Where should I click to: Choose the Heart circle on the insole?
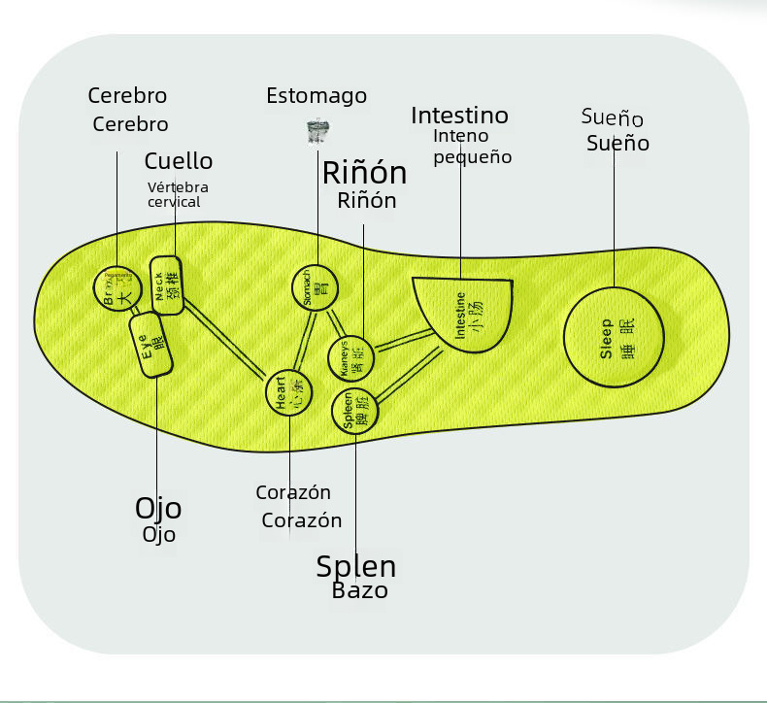[x=289, y=394]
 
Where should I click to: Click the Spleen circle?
[x=355, y=411]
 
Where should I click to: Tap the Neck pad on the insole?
[x=167, y=285]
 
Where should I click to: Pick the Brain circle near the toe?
[x=116, y=288]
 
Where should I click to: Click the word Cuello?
[x=179, y=161]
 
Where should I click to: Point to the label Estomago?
[x=317, y=96]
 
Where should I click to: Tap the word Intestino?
[x=459, y=116]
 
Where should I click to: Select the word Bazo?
[x=359, y=590]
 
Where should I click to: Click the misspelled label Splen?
[x=355, y=567]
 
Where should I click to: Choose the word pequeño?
[x=472, y=157]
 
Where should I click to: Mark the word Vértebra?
[x=178, y=187]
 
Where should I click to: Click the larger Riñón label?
[x=364, y=174]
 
